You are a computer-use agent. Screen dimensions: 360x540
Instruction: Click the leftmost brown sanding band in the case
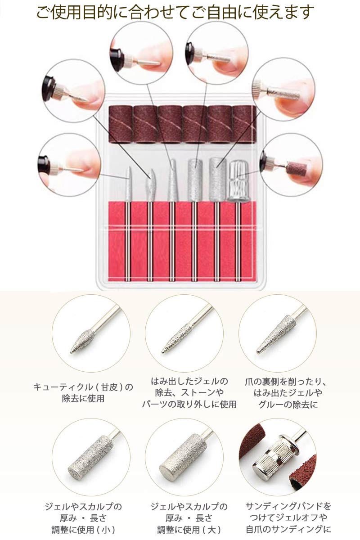(x=121, y=124)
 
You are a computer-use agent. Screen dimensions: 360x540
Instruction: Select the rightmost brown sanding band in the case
(x=244, y=124)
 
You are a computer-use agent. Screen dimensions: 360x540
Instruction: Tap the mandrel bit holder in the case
(x=238, y=181)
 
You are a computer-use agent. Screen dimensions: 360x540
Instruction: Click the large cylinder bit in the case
(x=217, y=180)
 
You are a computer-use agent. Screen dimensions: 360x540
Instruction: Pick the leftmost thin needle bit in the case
(x=128, y=184)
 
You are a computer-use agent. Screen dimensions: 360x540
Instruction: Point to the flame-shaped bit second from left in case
(x=150, y=185)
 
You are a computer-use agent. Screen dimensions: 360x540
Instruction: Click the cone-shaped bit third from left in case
(x=172, y=180)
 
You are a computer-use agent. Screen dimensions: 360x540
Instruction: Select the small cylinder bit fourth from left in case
(x=195, y=180)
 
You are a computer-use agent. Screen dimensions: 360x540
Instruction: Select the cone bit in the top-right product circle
(x=276, y=334)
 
